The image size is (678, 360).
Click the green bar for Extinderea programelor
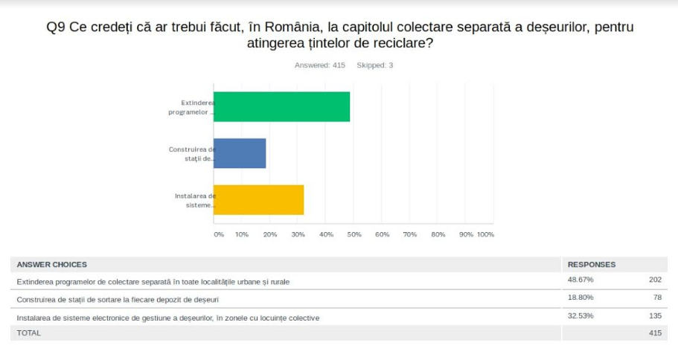click(x=281, y=106)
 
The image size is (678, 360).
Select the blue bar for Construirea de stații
click(x=240, y=153)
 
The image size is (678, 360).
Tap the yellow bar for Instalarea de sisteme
click(x=258, y=199)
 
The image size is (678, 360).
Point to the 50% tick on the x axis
click(x=354, y=234)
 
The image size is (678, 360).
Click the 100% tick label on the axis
click(x=485, y=234)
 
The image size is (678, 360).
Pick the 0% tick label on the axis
click(x=219, y=234)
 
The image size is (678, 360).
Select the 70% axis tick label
click(x=410, y=234)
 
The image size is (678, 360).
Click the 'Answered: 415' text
click(x=320, y=65)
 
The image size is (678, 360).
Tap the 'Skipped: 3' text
click(x=375, y=65)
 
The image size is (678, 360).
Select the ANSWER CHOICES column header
click(x=52, y=264)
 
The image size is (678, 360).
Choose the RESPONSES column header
click(x=592, y=264)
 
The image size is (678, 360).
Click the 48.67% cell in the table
click(x=581, y=280)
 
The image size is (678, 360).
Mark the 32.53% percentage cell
click(x=581, y=316)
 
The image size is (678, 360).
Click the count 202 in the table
click(x=654, y=280)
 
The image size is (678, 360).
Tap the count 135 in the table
click(x=654, y=316)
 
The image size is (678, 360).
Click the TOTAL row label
click(x=29, y=333)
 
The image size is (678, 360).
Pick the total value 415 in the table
click(x=654, y=333)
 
